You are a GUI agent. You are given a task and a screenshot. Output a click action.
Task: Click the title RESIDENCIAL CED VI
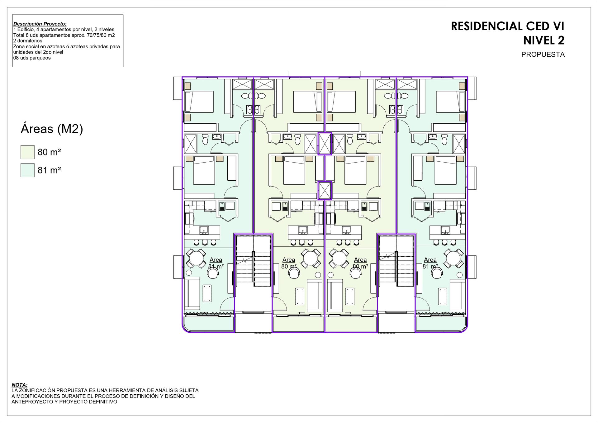(507, 26)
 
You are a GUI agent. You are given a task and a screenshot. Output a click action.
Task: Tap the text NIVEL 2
(544, 40)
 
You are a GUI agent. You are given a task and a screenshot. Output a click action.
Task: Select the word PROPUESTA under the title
(543, 55)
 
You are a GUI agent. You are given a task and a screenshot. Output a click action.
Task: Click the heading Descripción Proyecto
(40, 24)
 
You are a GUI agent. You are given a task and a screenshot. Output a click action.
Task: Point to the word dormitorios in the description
(30, 41)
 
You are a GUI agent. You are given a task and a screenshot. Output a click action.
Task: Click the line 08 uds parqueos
(32, 58)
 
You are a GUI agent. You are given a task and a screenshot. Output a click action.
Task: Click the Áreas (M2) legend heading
(52, 129)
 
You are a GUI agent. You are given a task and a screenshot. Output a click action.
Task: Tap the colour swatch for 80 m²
(27, 152)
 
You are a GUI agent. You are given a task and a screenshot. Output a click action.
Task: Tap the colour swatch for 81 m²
(27, 170)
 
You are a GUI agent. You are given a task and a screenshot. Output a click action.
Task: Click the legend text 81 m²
(49, 170)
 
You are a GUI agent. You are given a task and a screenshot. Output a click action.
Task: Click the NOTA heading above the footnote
(19, 385)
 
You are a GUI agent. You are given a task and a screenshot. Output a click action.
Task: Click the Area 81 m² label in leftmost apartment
(216, 263)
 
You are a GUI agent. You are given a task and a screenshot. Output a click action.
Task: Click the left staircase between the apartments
(253, 261)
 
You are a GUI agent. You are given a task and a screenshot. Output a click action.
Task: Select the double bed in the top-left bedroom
(199, 102)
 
